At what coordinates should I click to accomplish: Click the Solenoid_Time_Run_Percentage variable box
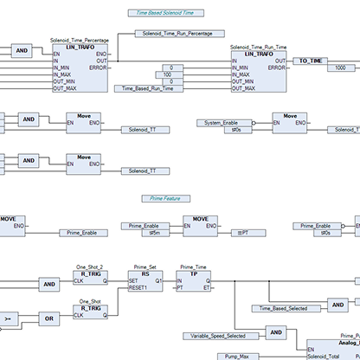pyautogui.click(x=173, y=34)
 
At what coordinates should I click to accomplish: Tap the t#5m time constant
pyautogui.click(x=156, y=232)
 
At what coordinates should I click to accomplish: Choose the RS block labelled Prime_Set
pyautogui.click(x=145, y=283)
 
